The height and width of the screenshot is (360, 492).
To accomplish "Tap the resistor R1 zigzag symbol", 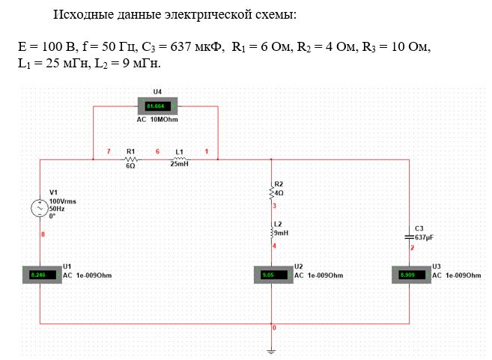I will [x=130, y=159].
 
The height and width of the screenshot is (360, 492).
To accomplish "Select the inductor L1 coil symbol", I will [x=180, y=159].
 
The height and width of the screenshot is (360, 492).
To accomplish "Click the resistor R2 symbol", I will [x=271, y=192].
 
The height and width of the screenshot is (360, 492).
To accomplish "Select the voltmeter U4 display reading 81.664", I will [x=155, y=106].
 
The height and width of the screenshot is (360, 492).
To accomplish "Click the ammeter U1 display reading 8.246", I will [x=37, y=275].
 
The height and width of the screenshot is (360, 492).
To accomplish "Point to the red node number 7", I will [x=108, y=152].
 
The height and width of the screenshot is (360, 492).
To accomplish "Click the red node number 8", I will [x=43, y=235].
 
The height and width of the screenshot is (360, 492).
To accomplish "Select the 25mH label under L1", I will [x=180, y=165].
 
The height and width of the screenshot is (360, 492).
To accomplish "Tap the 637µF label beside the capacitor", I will [x=424, y=237].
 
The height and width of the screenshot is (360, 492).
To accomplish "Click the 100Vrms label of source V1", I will [x=62, y=201].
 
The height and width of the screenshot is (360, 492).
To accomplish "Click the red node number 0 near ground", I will [x=275, y=329].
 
